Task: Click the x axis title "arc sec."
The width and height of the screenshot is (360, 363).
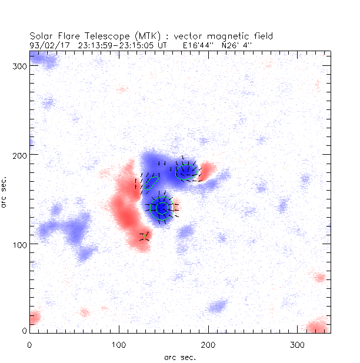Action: pyautogui.click(x=179, y=357)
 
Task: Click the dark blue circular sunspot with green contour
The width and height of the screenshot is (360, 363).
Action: pyautogui.click(x=161, y=208)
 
